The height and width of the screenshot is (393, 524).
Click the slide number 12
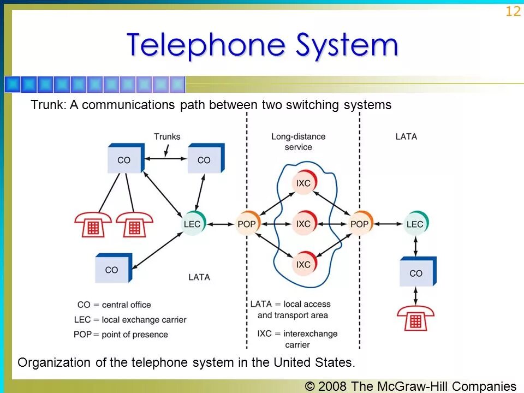(x=513, y=11)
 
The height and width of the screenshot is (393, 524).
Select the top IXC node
(x=303, y=183)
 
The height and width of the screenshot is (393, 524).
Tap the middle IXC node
(x=303, y=224)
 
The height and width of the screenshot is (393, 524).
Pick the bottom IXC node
(x=303, y=264)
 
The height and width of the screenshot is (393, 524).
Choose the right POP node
(x=359, y=224)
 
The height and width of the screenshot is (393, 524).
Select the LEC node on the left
(x=192, y=224)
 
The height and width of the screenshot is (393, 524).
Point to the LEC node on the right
(x=415, y=224)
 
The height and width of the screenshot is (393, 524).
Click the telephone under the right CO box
(x=415, y=319)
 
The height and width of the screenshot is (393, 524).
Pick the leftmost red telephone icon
(x=93, y=224)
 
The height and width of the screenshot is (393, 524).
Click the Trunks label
(x=166, y=136)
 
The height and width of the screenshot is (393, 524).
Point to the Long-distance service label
(x=298, y=141)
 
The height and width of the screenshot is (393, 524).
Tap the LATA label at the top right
(x=406, y=136)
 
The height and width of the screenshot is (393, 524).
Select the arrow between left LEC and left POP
(x=220, y=224)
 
